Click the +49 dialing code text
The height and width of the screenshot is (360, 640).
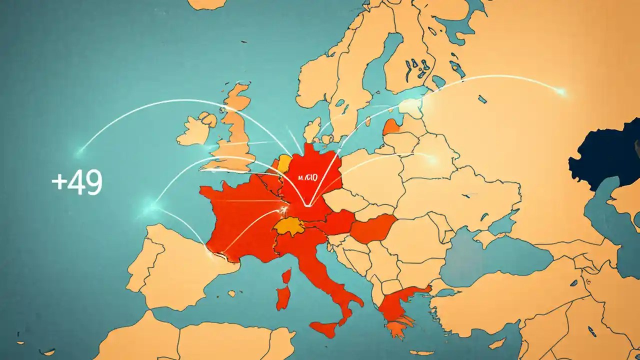(x=77, y=182)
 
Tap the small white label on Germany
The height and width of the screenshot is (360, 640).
(x=306, y=177)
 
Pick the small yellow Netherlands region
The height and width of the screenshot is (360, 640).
(x=284, y=163)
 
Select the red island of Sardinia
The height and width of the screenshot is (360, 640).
(x=283, y=297)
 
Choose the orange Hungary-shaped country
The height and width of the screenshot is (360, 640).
(x=372, y=227)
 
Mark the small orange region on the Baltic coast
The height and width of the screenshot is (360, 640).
(x=391, y=127)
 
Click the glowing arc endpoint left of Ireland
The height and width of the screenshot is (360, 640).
(x=80, y=149)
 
